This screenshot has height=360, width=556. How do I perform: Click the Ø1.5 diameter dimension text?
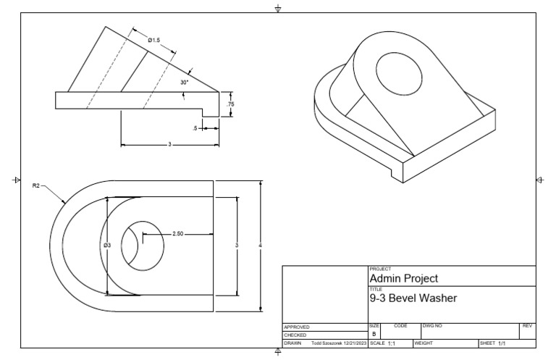pyautogui.click(x=154, y=41)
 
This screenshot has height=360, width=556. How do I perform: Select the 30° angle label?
pyautogui.click(x=184, y=83)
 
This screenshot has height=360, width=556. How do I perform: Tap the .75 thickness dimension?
pyautogui.click(x=230, y=104)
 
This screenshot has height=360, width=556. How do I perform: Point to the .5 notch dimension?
pyautogui.click(x=195, y=128)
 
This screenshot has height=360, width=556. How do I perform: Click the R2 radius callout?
pyautogui.click(x=36, y=185)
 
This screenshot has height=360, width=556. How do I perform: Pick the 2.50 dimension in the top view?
pyautogui.click(x=178, y=234)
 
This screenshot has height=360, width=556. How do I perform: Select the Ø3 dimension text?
pyautogui.click(x=107, y=246)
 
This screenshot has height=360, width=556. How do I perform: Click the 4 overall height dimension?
pyautogui.click(x=260, y=246)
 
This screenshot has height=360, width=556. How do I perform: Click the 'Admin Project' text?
pyautogui.click(x=404, y=278)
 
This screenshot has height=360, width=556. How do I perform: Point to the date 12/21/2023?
pyautogui.click(x=354, y=343)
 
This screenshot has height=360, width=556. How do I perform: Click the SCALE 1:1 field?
pyautogui.click(x=384, y=343)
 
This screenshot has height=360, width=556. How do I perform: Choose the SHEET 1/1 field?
pyautogui.click(x=493, y=343)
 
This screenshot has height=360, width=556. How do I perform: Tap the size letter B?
pyautogui.click(x=374, y=334)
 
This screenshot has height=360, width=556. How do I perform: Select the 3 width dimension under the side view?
pyautogui.click(x=169, y=145)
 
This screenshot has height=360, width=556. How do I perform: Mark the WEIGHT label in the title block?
pyautogui.click(x=423, y=343)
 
